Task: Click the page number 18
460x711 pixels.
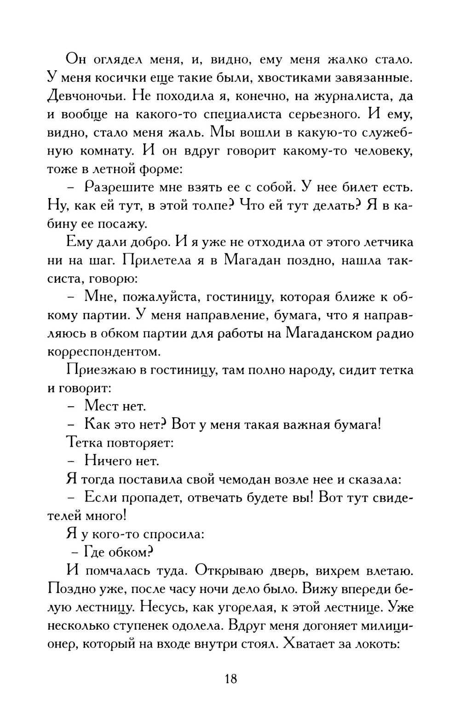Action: click(231, 678)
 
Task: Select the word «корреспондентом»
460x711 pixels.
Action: click(104, 352)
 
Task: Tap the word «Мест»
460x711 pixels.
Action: click(102, 406)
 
